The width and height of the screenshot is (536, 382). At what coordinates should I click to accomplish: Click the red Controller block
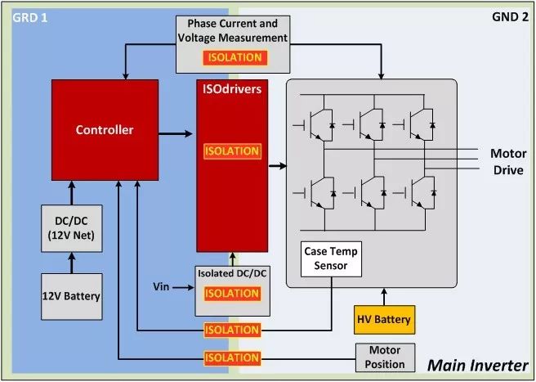(105, 130)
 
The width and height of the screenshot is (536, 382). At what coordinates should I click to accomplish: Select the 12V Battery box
(72, 297)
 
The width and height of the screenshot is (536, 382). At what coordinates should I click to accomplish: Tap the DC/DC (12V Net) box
(72, 229)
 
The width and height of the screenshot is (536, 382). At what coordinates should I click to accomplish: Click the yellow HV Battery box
(385, 320)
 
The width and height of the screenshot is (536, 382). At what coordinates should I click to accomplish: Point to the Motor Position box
(386, 357)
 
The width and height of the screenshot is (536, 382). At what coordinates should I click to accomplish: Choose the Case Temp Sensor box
(331, 259)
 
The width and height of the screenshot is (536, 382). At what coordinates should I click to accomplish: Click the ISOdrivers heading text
(232, 89)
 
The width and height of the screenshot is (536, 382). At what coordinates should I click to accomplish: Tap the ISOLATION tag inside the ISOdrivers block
(232, 151)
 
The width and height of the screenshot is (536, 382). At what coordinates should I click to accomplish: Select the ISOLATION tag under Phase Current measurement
(234, 57)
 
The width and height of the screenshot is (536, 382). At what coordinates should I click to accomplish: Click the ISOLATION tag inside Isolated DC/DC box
(232, 294)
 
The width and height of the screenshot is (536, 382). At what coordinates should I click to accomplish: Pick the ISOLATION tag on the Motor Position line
(232, 358)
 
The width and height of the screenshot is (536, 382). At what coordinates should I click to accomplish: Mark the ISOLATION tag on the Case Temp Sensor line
(232, 330)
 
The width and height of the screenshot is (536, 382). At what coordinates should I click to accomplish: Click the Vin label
(161, 286)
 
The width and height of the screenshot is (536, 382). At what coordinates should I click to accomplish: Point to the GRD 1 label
(29, 18)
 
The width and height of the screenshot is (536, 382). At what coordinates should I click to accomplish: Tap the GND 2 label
(510, 17)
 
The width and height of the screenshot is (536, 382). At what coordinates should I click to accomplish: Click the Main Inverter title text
(478, 365)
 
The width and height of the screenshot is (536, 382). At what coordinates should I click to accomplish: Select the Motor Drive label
(508, 162)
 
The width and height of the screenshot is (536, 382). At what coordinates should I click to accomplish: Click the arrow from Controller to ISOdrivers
(176, 133)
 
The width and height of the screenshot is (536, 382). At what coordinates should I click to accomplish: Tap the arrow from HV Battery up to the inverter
(384, 296)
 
